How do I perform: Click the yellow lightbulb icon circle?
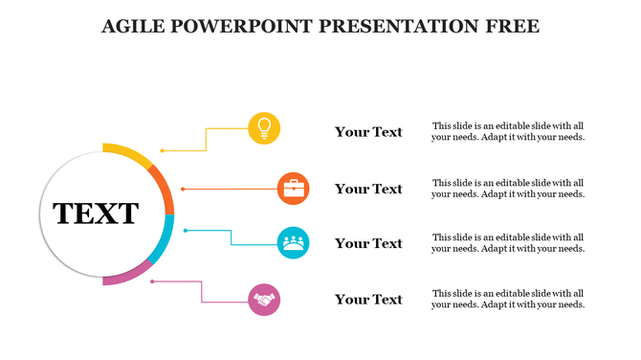pos(264,128)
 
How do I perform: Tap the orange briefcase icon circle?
pos(293,189)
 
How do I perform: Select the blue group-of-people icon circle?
pos(293,242)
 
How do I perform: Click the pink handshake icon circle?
pos(264,300)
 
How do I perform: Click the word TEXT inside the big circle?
pos(96,214)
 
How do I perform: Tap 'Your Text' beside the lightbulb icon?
pos(368,132)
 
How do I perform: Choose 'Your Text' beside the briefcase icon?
pos(368,189)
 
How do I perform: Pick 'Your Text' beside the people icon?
pos(368,243)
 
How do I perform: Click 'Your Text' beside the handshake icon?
pos(368,300)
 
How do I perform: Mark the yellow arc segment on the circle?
pos(126,151)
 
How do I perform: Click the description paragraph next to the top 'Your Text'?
pos(508,131)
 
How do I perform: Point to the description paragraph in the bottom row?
pos(508,299)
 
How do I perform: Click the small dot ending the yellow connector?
pos(163,150)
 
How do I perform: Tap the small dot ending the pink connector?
pos(153,281)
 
